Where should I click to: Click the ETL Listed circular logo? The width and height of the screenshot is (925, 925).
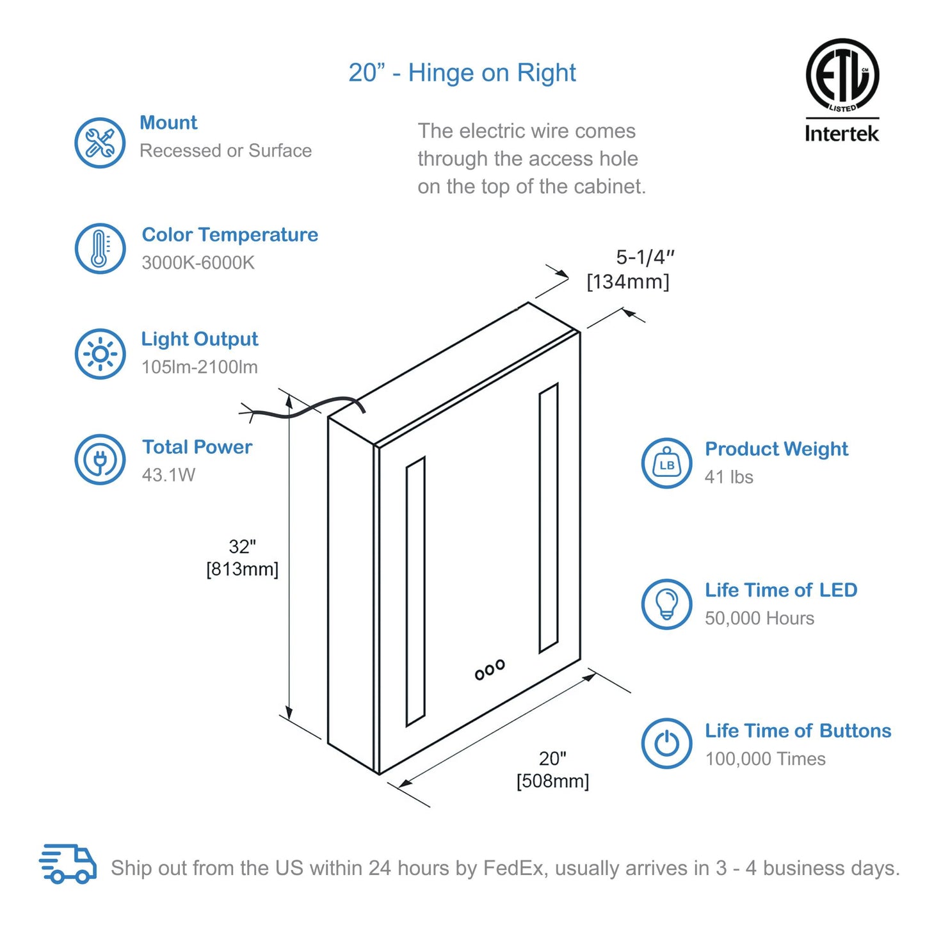(842, 76)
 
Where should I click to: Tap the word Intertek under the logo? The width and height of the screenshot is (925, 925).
(842, 133)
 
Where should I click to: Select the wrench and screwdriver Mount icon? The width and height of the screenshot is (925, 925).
(100, 143)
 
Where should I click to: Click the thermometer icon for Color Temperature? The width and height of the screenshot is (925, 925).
(100, 248)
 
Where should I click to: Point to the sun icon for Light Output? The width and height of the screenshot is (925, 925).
(100, 354)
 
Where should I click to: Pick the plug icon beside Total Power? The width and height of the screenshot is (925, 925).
(100, 460)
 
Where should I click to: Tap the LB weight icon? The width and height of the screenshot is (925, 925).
(667, 463)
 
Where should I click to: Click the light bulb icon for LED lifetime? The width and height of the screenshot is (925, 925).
(667, 604)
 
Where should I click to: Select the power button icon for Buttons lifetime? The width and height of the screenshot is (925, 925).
(667, 744)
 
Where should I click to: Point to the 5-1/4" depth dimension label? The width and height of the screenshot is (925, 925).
(645, 257)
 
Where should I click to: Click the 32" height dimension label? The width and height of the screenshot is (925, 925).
(243, 546)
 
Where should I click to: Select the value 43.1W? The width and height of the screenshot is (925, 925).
(168, 475)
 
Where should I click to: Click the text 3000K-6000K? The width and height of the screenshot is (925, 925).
(198, 262)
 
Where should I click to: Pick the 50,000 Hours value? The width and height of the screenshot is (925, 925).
(759, 618)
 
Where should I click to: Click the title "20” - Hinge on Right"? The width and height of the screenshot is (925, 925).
(462, 73)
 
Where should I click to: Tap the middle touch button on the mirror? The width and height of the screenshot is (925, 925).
(490, 669)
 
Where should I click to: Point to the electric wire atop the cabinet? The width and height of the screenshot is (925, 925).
(302, 408)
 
